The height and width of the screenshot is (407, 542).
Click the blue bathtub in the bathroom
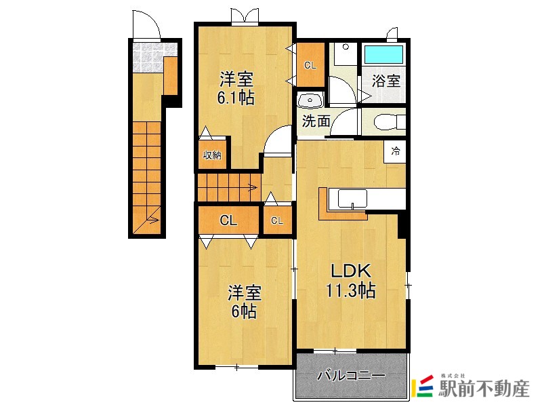click(x=383, y=54)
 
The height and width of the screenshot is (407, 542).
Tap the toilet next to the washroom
click(x=389, y=122)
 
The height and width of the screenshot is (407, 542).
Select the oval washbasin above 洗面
click(x=310, y=100)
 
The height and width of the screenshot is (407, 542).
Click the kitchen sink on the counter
click(x=352, y=199)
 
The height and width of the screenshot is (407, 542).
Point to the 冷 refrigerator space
click(x=395, y=151)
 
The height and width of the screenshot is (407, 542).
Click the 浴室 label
click(x=385, y=81)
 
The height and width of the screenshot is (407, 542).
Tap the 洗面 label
click(x=316, y=121)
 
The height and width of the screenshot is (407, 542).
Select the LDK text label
click(x=351, y=271)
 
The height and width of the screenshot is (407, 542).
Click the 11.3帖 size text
click(x=351, y=290)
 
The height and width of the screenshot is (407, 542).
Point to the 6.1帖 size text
click(x=236, y=98)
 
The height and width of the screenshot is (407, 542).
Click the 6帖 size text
click(x=244, y=311)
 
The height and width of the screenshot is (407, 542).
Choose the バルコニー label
click(x=351, y=376)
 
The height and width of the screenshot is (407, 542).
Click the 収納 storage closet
click(x=211, y=155)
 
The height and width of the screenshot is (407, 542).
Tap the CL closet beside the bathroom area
click(x=310, y=64)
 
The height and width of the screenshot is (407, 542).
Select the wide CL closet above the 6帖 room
click(x=228, y=220)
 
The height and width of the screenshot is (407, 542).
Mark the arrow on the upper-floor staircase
click(x=253, y=188)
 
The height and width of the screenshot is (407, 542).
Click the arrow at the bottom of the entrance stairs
click(x=153, y=220)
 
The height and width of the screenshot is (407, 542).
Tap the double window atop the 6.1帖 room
click(x=245, y=16)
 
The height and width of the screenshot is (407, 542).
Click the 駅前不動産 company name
click(x=484, y=389)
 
